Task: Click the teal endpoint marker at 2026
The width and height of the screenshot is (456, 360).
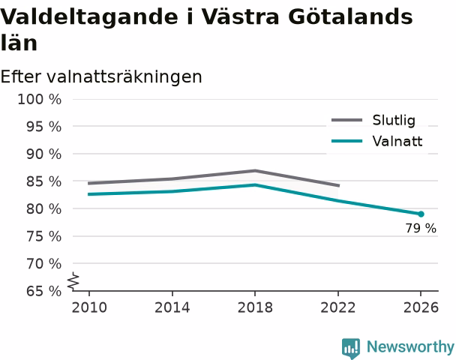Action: (421, 214)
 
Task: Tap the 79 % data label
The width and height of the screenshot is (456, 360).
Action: (421, 228)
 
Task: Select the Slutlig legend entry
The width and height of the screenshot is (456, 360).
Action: (373, 120)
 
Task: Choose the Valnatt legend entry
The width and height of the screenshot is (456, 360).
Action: (377, 141)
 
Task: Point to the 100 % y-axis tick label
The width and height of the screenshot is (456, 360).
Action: (40, 100)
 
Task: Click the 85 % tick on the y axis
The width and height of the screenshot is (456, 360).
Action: (44, 181)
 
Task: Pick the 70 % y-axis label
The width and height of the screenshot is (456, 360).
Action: (44, 264)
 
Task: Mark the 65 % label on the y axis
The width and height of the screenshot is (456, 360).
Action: (44, 291)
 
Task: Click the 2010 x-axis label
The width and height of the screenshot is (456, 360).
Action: (89, 307)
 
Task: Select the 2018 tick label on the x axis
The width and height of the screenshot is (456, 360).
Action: (255, 307)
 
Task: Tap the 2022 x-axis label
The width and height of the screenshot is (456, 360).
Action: (338, 307)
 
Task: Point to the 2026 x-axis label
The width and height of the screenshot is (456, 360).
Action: (421, 307)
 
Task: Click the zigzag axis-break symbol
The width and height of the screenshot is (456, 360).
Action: (73, 281)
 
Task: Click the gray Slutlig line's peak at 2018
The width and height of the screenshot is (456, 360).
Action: (255, 171)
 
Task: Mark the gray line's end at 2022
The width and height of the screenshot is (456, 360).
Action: (339, 185)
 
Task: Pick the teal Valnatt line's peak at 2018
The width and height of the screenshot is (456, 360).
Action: (255, 184)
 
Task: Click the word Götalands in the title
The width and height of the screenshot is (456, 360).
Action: (350, 16)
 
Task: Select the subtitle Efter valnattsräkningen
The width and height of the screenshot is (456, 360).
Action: (101, 76)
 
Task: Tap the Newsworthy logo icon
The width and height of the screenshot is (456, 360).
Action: (351, 348)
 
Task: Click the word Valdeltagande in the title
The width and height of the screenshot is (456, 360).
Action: (89, 16)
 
